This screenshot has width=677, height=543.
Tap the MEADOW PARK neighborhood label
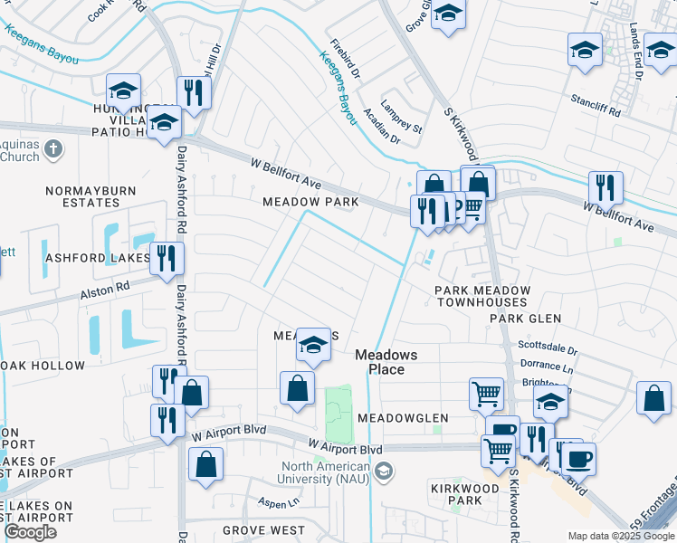310,202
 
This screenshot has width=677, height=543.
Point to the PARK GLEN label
525,319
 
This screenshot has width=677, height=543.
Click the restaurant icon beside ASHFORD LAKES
167,257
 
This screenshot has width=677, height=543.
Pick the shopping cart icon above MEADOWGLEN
486,394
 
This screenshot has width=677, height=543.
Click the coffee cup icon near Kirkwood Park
578,458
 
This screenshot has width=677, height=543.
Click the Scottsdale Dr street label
547,347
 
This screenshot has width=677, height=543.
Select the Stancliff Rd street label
595,113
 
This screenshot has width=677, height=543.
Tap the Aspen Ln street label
280,502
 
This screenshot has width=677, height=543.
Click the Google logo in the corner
30,532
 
